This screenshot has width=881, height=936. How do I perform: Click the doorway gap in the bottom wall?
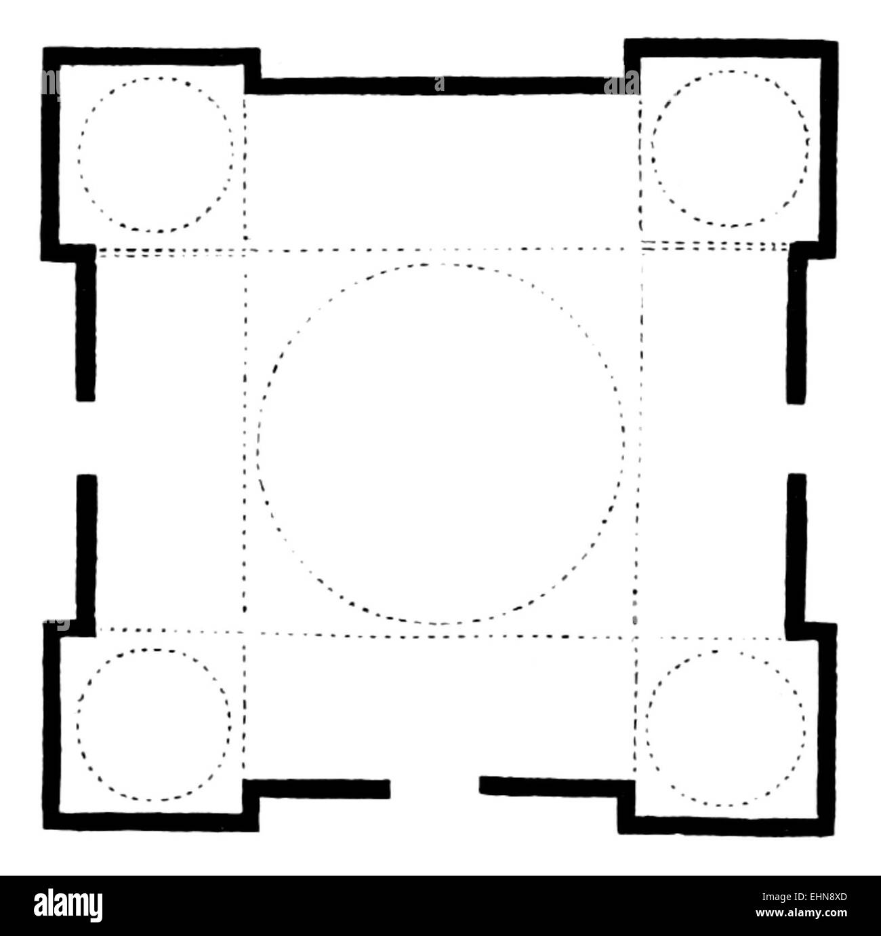coord(434,787)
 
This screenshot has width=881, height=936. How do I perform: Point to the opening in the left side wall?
coord(86,438)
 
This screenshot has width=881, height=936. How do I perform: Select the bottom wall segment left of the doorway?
coord(319,789)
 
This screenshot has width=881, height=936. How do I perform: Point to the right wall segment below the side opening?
coord(797,546)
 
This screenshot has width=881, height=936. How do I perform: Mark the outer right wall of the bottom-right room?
coord(828,726)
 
